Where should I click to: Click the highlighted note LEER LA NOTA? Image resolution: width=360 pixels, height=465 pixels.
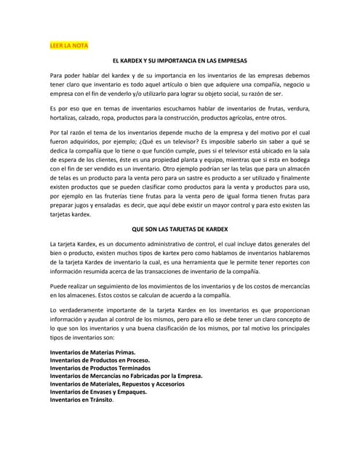coord(68,46)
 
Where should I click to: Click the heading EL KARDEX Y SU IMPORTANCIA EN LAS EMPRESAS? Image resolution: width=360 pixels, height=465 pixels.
coord(180,61)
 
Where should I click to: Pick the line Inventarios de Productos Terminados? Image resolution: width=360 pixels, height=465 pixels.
coord(100,369)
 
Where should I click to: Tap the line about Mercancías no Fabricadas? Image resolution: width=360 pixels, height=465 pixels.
coord(126,376)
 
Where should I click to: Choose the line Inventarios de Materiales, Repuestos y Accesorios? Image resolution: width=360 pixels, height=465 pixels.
coord(123,384)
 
